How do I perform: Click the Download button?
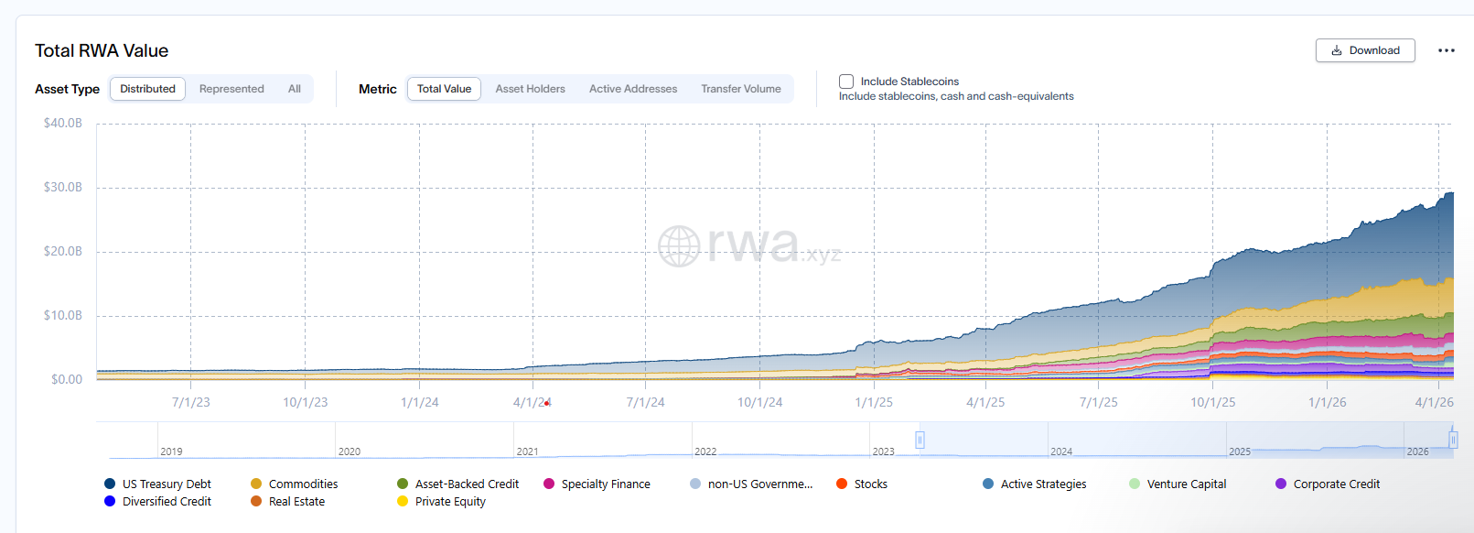coord(1365,50)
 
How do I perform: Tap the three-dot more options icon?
coord(1446,50)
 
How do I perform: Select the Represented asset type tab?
coord(231,89)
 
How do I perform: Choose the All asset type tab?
coord(294,89)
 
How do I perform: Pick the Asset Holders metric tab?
coord(530,89)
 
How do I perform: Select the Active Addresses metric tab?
coord(633,89)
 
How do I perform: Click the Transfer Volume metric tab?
coord(741,89)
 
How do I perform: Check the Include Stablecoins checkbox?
coord(846,82)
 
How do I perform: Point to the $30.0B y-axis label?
coord(63,187)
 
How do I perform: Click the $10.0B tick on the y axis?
coord(63,315)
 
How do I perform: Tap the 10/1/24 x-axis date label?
coord(759,402)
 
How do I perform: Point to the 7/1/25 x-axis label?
coord(1098,402)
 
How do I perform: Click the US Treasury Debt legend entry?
coord(166,484)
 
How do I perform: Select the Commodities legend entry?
coord(303,484)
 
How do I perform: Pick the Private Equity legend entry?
coord(450,501)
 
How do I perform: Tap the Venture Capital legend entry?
coord(1186,484)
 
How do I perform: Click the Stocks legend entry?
coord(870,484)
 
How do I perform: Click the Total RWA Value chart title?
coord(102,50)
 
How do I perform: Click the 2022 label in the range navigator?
coord(705,451)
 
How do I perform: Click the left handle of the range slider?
coord(920,440)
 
